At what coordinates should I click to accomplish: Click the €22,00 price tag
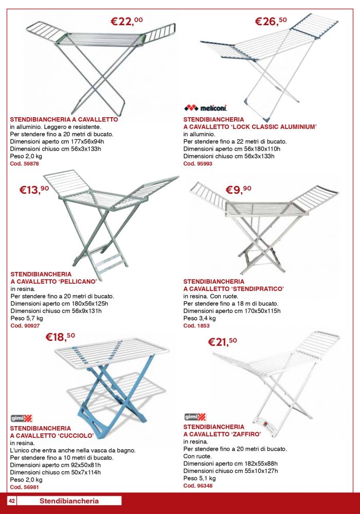pyautogui.click(x=127, y=21)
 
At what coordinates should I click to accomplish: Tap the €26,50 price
pyautogui.click(x=271, y=21)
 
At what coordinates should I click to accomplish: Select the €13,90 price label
pyautogui.click(x=34, y=190)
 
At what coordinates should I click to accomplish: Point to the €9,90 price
pyautogui.click(x=238, y=190)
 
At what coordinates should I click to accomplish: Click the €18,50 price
pyautogui.click(x=60, y=337)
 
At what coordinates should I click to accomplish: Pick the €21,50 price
pyautogui.click(x=222, y=342)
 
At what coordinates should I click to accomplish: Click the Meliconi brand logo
pyautogui.click(x=205, y=108)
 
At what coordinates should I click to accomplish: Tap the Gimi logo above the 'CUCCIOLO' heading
pyautogui.click(x=21, y=418)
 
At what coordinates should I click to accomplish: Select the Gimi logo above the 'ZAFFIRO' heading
pyautogui.click(x=195, y=417)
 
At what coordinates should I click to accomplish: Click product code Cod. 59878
pyautogui.click(x=24, y=163)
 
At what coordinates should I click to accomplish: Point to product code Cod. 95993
pyautogui.click(x=197, y=163)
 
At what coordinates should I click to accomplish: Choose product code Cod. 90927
pyautogui.click(x=25, y=325)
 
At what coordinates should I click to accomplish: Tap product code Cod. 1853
pyautogui.click(x=196, y=325)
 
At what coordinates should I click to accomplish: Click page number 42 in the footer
pyautogui.click(x=12, y=501)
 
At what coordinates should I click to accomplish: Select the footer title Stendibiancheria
pyautogui.click(x=69, y=501)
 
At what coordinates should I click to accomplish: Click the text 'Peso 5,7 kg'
pyautogui.click(x=27, y=318)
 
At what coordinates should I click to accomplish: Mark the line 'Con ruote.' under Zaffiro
pyautogui.click(x=197, y=456)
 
